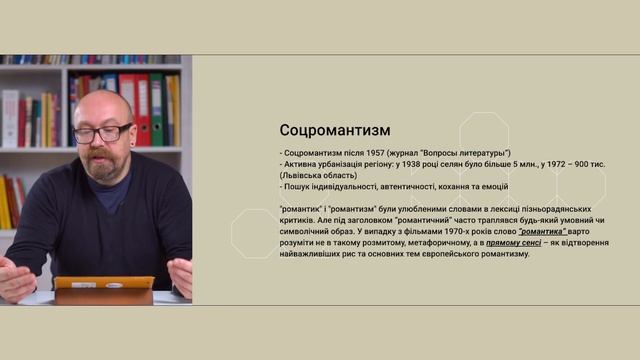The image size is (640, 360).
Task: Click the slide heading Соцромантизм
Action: pyautogui.click(x=335, y=131)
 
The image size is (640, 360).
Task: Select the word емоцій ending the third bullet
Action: pyautogui.click(x=493, y=186)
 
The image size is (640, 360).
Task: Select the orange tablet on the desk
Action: pyautogui.click(x=104, y=291)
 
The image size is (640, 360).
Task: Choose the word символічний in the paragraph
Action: pyautogui.click(x=307, y=230)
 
